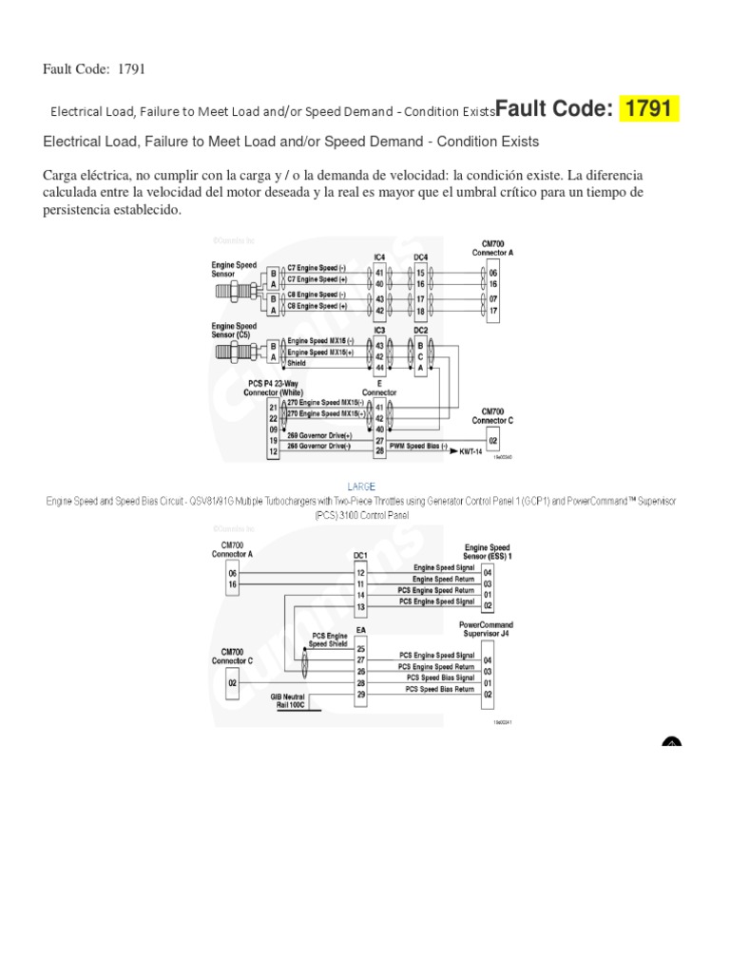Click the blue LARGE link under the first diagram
[x=364, y=486]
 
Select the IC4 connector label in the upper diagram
[x=379, y=257]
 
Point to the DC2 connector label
[x=420, y=330]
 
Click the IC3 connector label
[x=379, y=330]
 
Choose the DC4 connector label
[x=420, y=257]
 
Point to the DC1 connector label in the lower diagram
[x=360, y=555]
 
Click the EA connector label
[x=360, y=629]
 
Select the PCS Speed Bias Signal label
[x=440, y=677]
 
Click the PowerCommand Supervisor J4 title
[x=486, y=628]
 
